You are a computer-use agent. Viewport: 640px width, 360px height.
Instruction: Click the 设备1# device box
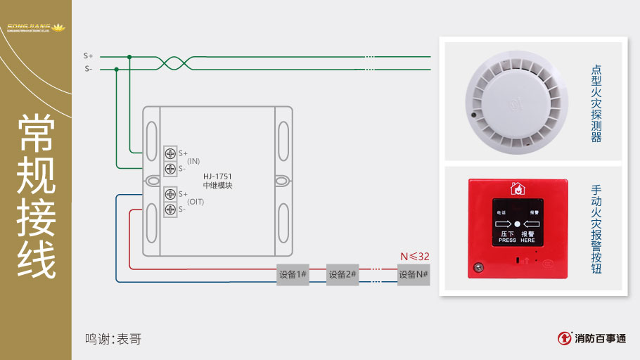point(293,274)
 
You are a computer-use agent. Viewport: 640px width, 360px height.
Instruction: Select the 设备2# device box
point(343,274)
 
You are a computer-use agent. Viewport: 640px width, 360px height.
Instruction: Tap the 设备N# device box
point(414,274)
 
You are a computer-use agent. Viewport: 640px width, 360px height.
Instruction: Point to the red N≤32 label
point(414,257)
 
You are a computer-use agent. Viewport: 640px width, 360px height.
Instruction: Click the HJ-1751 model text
point(217,176)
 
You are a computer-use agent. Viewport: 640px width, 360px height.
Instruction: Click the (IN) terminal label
point(193,161)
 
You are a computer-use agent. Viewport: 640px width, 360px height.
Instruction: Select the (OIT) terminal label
point(196,202)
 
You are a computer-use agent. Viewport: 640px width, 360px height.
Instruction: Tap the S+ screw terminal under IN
point(170,153)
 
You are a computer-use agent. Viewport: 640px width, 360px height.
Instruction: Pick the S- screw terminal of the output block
point(170,210)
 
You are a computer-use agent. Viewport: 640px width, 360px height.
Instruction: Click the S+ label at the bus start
point(88,56)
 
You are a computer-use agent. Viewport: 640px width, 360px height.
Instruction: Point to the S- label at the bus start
point(88,69)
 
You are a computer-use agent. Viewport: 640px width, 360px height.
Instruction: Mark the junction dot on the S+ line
point(129,56)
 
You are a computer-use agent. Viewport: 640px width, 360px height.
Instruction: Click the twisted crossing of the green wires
point(172,63)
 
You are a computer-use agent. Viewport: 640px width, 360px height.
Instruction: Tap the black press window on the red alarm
point(517,221)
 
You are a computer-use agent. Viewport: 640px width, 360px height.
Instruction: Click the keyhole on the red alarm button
point(479,267)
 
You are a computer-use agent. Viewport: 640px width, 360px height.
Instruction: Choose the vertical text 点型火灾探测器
point(596,103)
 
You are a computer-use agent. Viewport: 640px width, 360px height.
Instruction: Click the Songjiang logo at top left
point(35,29)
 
